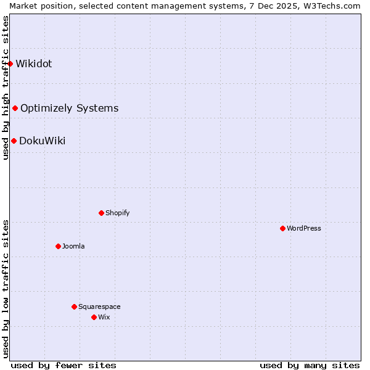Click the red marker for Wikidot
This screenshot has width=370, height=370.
click(x=10, y=64)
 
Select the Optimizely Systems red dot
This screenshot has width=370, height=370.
click(x=15, y=109)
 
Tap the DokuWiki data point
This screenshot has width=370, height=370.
click(x=14, y=141)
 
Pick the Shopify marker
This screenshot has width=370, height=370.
click(x=101, y=213)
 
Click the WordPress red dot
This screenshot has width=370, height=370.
click(x=282, y=228)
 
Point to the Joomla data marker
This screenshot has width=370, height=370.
click(x=58, y=246)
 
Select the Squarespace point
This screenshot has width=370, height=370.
click(x=74, y=306)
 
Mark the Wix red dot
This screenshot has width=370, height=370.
click(x=94, y=317)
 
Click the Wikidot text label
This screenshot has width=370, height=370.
click(x=34, y=64)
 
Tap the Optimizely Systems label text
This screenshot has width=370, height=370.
click(x=69, y=109)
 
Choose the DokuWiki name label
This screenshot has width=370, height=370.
click(x=42, y=141)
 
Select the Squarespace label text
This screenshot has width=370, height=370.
click(x=99, y=306)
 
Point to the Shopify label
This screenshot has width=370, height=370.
click(x=117, y=213)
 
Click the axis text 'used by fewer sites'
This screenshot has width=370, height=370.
click(x=64, y=365)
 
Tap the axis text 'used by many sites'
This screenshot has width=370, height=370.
click(x=310, y=365)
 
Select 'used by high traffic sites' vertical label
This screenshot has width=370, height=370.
click(x=6, y=88)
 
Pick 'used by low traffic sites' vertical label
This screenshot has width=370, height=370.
click(x=6, y=289)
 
